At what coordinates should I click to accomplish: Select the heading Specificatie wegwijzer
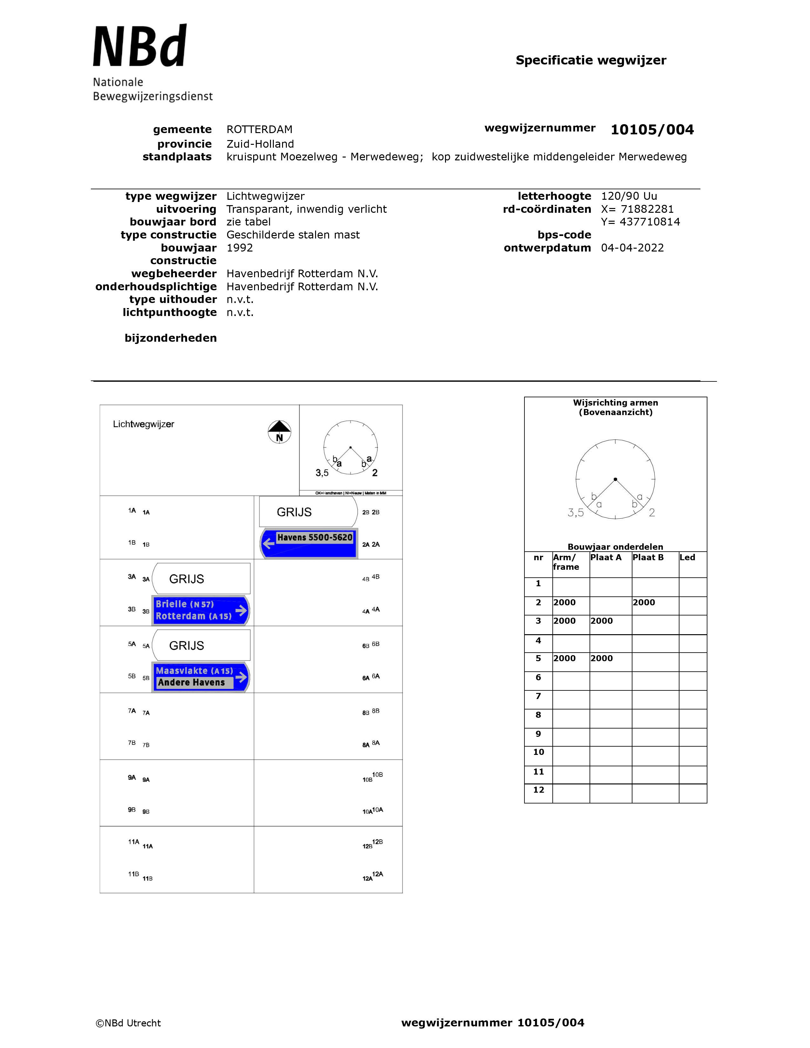(x=591, y=60)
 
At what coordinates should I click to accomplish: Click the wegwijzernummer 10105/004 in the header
(x=651, y=130)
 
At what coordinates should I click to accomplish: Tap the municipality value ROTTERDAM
(x=259, y=130)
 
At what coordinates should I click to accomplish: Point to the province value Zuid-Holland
(x=260, y=144)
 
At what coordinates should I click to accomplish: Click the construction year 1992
(x=240, y=248)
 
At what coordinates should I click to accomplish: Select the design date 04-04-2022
(x=632, y=248)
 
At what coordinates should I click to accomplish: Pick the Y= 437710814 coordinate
(x=640, y=222)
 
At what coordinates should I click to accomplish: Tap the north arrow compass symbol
(x=279, y=432)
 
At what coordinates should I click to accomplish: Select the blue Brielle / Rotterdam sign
(x=200, y=610)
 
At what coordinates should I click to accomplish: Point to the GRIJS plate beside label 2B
(x=307, y=512)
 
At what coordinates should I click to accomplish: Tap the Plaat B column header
(x=648, y=557)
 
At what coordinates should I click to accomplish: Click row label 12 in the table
(x=538, y=789)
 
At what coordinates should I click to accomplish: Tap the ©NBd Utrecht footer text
(x=128, y=1023)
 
